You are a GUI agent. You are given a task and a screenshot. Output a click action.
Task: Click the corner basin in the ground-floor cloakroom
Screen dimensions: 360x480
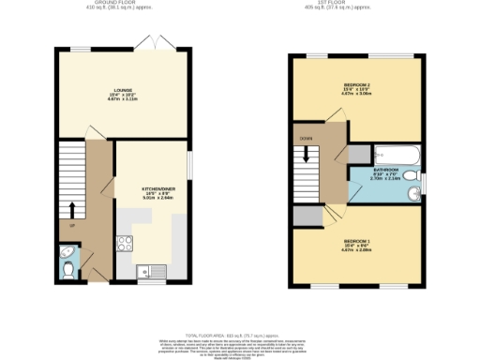[65, 253]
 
